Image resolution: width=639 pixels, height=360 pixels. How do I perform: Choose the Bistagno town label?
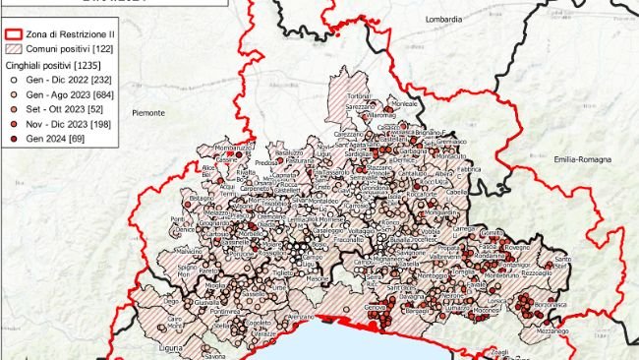(x=201, y=198)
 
